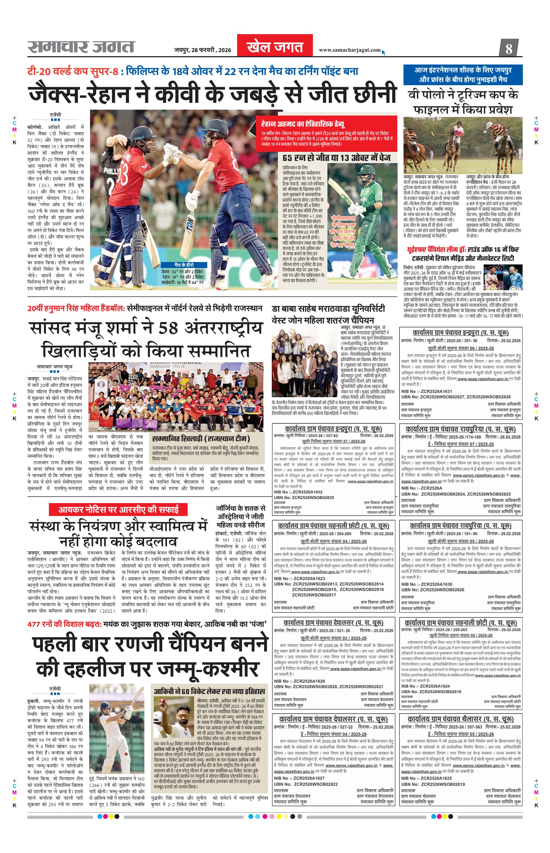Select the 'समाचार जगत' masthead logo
click(x=81, y=47)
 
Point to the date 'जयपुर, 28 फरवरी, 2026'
click(x=202, y=50)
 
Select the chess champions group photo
click(x=305, y=362)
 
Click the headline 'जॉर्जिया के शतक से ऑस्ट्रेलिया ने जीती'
click(x=240, y=512)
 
